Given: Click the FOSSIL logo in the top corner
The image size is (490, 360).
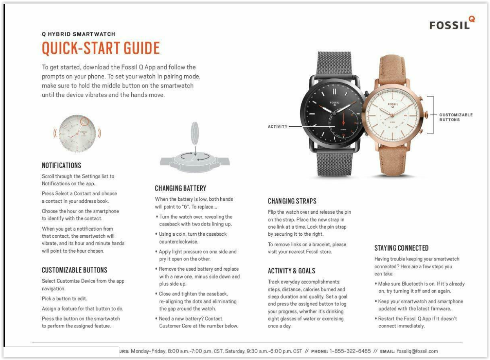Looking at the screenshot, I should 452,24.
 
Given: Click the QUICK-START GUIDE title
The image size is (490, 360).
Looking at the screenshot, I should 101,48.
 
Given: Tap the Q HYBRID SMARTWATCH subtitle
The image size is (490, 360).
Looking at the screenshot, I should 78,34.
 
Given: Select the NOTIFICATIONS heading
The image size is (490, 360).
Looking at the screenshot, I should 62,165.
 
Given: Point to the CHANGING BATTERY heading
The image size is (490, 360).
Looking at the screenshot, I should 180,188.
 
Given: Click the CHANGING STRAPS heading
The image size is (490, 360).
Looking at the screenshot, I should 292,201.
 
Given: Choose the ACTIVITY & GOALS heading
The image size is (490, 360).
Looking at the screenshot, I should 291,271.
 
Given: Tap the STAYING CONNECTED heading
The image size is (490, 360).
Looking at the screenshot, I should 401,248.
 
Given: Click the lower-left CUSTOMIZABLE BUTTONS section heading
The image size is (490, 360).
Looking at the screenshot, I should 74,270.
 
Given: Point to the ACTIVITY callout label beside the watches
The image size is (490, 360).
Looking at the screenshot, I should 278,127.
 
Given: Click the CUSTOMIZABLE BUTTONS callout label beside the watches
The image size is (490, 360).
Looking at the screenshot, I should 456,117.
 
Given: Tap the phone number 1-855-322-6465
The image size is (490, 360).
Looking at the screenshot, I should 350,351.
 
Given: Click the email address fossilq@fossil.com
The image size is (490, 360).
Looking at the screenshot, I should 417,351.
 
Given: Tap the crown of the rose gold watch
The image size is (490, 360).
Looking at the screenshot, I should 426,115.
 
